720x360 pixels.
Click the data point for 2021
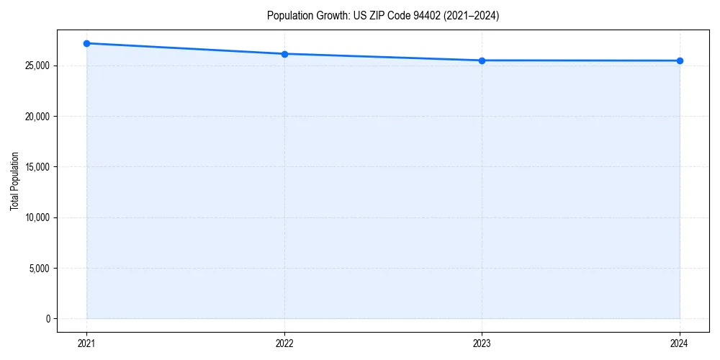[86, 43]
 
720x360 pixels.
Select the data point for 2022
[284, 54]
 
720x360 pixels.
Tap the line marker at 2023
[482, 60]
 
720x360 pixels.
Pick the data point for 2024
[680, 60]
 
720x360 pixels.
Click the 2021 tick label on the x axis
[86, 343]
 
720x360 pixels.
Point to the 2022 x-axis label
[284, 343]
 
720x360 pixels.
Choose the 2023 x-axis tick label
[482, 343]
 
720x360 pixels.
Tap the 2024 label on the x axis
[680, 343]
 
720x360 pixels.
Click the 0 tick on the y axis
[48, 319]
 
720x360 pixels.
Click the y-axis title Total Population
[14, 181]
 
